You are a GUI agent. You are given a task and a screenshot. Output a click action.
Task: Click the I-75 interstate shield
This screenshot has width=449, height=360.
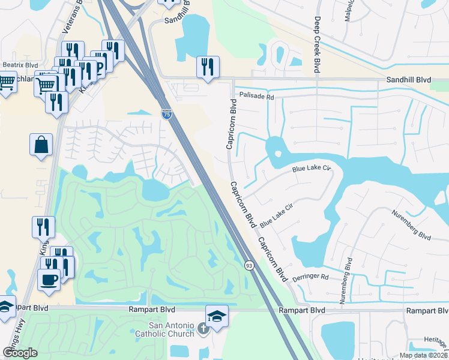tap(167, 113)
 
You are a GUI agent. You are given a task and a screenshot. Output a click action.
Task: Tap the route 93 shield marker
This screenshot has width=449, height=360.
tap(249, 265)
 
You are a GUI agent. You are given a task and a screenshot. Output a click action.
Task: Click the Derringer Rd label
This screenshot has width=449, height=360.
tap(311, 277)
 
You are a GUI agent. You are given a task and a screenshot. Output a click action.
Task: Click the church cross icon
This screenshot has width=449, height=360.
tap(203, 328)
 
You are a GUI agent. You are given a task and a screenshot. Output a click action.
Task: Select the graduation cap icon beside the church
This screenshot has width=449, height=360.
tap(217, 316)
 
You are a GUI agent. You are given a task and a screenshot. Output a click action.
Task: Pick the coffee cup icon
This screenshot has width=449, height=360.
tap(49, 279)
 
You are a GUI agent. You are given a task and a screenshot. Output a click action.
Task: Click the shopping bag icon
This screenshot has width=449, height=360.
tap(41, 145)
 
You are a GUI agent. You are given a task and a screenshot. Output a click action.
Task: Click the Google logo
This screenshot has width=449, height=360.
tap(20, 353)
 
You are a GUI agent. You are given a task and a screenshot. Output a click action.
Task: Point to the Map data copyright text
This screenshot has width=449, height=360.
tap(423, 355)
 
